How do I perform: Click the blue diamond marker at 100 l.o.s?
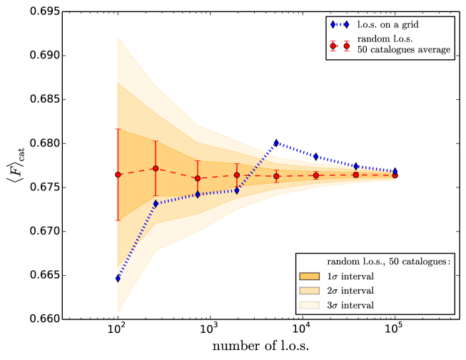coord(118,278)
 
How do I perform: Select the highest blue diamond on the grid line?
coord(276,143)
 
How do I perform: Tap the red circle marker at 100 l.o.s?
coord(118,175)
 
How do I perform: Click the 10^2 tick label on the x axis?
coord(117,331)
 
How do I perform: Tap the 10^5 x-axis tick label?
coord(395,331)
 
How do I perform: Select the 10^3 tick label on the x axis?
coord(209,331)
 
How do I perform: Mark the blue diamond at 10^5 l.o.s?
coord(395,171)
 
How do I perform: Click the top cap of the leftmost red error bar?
coord(118,129)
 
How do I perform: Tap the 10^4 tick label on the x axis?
coord(302,331)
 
